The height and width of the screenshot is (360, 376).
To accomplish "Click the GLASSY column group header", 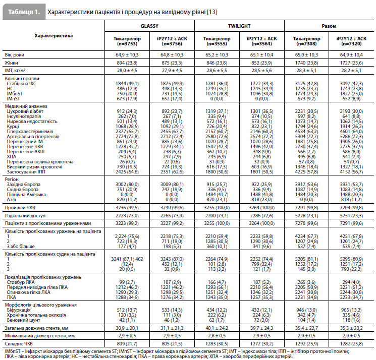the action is click(x=149, y=26).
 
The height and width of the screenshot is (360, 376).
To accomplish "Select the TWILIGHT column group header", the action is click(x=239, y=26).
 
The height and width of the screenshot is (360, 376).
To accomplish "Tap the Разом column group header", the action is click(x=329, y=26).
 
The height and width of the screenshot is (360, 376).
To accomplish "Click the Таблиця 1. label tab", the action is click(x=24, y=12).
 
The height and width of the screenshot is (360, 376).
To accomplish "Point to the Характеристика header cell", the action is click(x=53, y=36).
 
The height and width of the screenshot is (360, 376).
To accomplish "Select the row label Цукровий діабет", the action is click(x=25, y=111).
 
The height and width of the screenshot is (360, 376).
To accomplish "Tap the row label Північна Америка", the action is click(x=26, y=195).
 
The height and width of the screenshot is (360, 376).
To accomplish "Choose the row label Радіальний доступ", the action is click(x=25, y=216).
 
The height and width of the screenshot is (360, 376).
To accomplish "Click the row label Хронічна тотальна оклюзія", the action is click(x=36, y=315).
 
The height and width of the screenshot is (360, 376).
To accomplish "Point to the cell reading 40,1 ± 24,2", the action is click(x=217, y=328).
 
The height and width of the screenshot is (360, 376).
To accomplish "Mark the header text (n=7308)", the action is click(x=306, y=44).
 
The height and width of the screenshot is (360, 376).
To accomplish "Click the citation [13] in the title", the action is click(x=212, y=12).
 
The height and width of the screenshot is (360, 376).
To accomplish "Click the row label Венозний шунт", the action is click(x=23, y=320).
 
